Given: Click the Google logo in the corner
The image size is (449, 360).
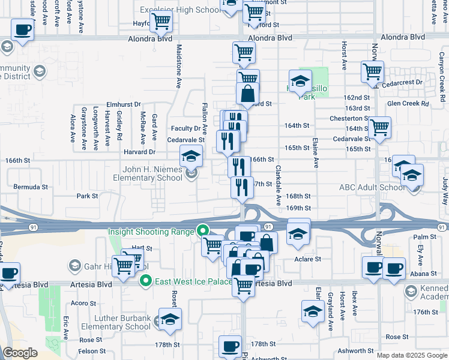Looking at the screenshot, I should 20,353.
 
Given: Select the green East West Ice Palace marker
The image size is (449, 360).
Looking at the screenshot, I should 145,281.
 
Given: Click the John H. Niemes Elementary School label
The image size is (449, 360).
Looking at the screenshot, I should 148,173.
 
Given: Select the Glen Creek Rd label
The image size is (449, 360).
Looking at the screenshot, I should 408,104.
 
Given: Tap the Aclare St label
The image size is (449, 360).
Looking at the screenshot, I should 307,259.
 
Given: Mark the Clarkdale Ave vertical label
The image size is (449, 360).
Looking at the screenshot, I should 279,186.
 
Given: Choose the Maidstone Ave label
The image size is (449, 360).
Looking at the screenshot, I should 178,66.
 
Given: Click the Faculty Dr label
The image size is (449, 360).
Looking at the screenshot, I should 185,128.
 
